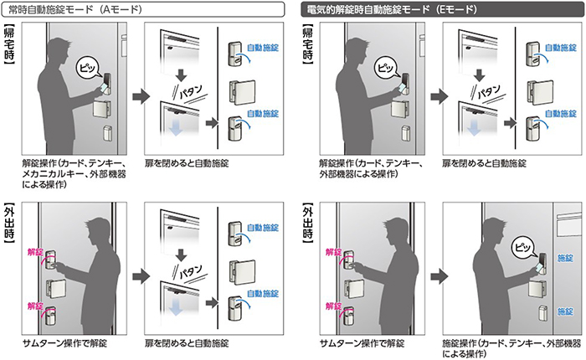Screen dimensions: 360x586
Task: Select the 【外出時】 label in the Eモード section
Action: pyautogui.click(x=306, y=220)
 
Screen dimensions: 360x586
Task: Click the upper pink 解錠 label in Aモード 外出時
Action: pyautogui.click(x=33, y=250)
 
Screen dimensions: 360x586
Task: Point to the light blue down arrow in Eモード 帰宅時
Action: pyautogui.click(x=473, y=128)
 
